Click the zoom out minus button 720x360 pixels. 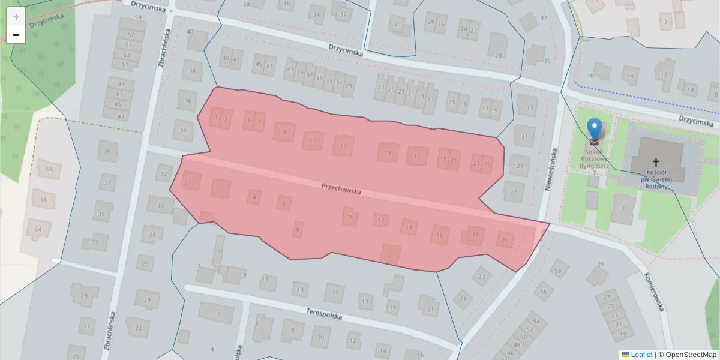click(x=16, y=35)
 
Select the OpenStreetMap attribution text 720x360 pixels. click(x=691, y=355)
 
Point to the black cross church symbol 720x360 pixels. click(x=656, y=163)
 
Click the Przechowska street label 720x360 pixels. click(x=341, y=189)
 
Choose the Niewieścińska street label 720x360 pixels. click(x=550, y=170)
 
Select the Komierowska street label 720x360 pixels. click(x=655, y=292)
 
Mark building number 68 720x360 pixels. click(x=49, y=169)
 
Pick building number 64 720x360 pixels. click(x=38, y=229)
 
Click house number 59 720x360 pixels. click(x=138, y=17)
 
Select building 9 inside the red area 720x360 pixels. click(x=284, y=132)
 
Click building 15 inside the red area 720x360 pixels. click(x=388, y=153)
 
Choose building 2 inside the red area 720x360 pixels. click(x=186, y=183)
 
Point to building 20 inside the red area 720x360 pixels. click(x=505, y=240)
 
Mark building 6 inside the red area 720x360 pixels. click(x=284, y=203)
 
